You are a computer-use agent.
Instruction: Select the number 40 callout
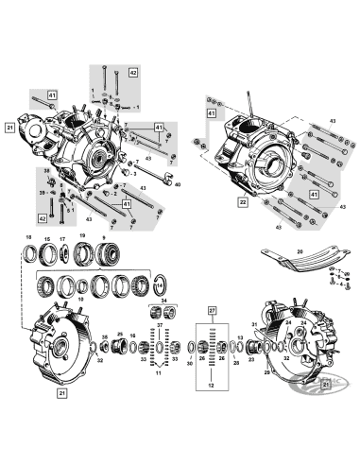pyautogui.click(x=177, y=186)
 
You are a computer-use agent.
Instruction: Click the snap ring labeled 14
pyautogui.click(x=160, y=282)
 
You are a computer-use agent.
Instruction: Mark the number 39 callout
pyautogui.click(x=43, y=192)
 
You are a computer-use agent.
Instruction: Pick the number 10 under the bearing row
pyautogui.click(x=80, y=300)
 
